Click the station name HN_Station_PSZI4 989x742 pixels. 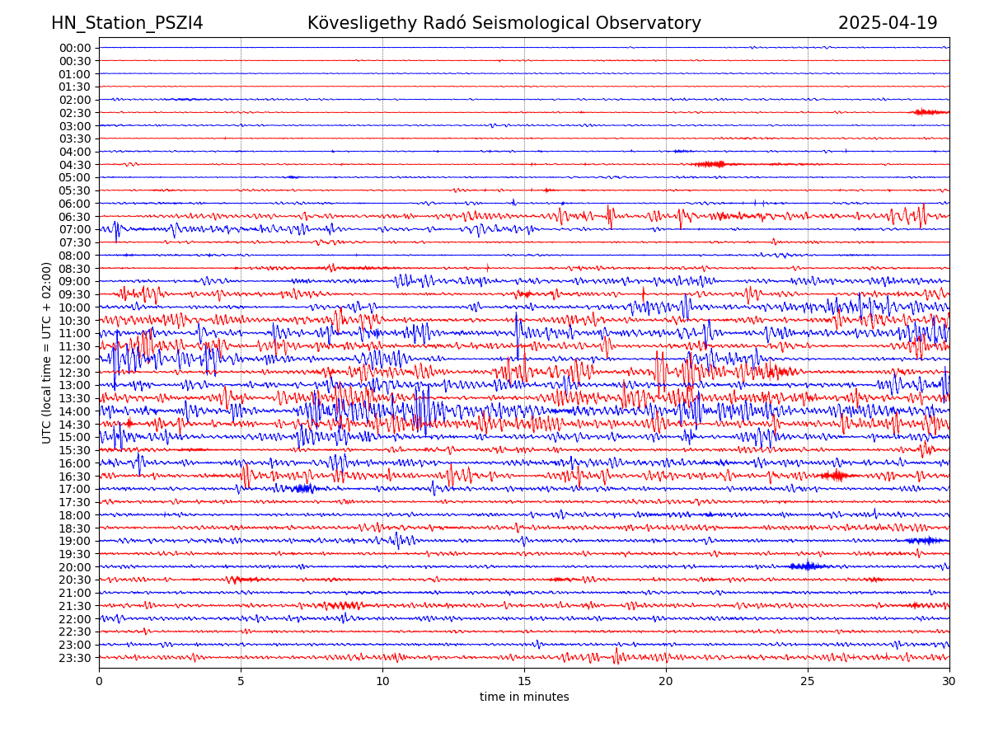(x=127, y=23)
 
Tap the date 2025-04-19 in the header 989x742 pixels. (x=888, y=23)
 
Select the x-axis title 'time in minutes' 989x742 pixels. (x=524, y=697)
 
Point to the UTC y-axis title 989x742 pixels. (x=47, y=352)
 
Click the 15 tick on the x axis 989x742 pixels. (x=524, y=681)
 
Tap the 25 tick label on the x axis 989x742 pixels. (x=808, y=681)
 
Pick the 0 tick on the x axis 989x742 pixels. (x=99, y=681)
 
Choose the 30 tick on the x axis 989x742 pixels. (x=949, y=681)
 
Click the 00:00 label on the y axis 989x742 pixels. (x=75, y=48)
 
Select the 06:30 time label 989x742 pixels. (x=75, y=216)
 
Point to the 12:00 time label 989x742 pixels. (x=75, y=359)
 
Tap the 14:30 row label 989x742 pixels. (x=75, y=424)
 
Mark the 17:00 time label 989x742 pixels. (x=75, y=489)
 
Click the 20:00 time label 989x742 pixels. (x=75, y=566)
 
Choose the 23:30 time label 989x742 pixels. (x=75, y=657)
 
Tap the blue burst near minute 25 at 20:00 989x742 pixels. (x=809, y=566)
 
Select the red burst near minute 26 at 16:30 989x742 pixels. (x=837, y=476)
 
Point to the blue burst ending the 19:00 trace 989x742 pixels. (x=925, y=541)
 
